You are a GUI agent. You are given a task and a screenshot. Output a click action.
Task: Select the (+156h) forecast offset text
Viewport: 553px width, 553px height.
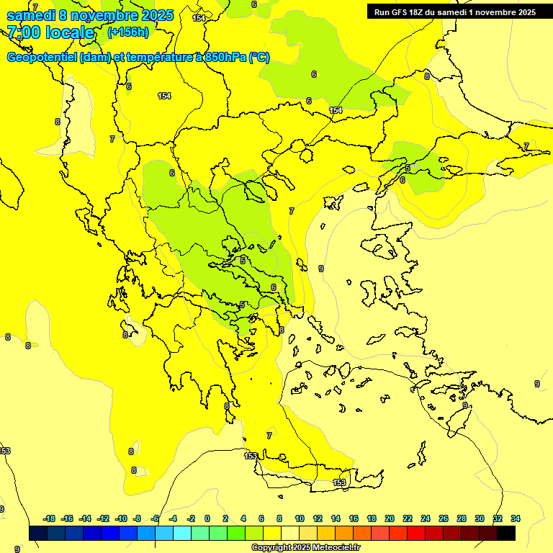pyautogui.click(x=129, y=32)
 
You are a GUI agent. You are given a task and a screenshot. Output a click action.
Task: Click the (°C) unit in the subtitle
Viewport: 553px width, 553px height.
pyautogui.click(x=259, y=58)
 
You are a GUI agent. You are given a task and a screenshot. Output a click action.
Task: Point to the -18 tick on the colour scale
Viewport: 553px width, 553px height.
pyautogui.click(x=49, y=518)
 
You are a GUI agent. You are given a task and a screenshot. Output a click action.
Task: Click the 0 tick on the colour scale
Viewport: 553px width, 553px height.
pyautogui.click(x=207, y=518)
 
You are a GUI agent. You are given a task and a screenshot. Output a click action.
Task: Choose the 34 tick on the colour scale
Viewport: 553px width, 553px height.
pyautogui.click(x=516, y=518)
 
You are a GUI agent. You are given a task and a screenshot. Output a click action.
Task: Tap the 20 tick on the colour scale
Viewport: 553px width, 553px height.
pyautogui.click(x=390, y=518)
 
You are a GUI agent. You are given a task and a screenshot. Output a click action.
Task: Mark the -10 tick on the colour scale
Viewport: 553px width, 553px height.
pyautogui.click(x=121, y=518)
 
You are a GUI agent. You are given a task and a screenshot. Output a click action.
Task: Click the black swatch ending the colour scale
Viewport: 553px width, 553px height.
pyautogui.click(x=506, y=533)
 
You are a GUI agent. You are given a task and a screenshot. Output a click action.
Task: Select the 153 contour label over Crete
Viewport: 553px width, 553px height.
pyautogui.click(x=339, y=482)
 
